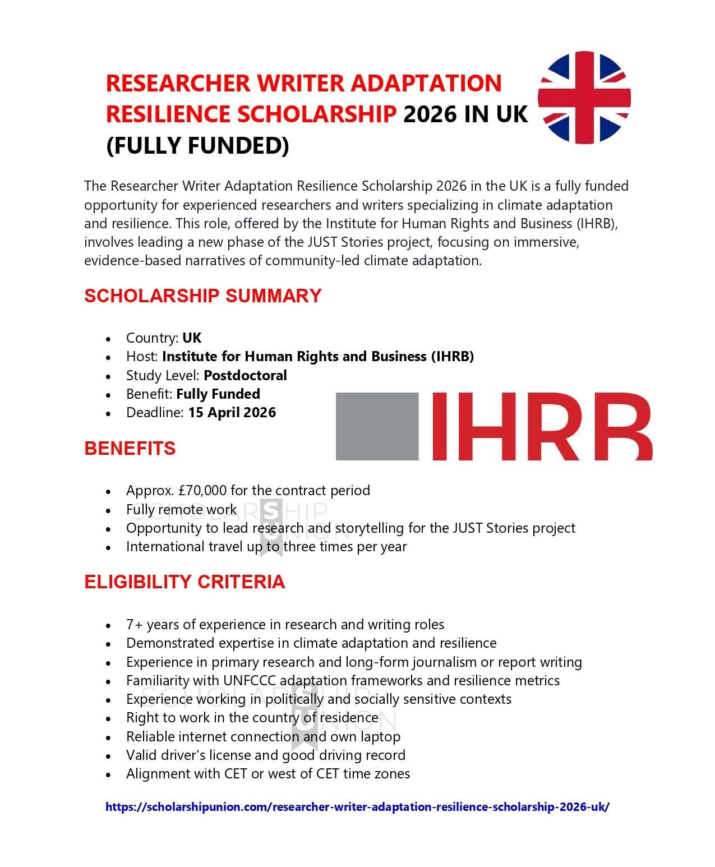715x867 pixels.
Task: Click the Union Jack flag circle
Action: click(x=584, y=98)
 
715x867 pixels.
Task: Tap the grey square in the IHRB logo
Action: click(x=377, y=426)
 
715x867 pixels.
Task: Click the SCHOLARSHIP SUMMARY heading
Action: click(x=202, y=296)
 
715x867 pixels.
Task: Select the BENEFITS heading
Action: click(x=130, y=448)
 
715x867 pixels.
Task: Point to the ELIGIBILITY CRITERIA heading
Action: click(x=184, y=582)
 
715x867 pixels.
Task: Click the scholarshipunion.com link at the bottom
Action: click(x=357, y=807)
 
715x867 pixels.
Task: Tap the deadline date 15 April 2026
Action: click(x=232, y=412)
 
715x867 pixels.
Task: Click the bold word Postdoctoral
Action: click(x=245, y=375)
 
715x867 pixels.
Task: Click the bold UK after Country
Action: click(x=192, y=338)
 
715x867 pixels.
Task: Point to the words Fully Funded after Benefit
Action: click(x=218, y=394)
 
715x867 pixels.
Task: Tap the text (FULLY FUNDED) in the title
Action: click(x=197, y=145)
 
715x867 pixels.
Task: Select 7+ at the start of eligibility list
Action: click(x=135, y=624)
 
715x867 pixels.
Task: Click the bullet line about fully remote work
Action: click(x=181, y=509)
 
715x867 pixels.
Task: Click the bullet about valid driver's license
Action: click(x=265, y=755)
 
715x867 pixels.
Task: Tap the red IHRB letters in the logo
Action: click(x=542, y=426)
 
